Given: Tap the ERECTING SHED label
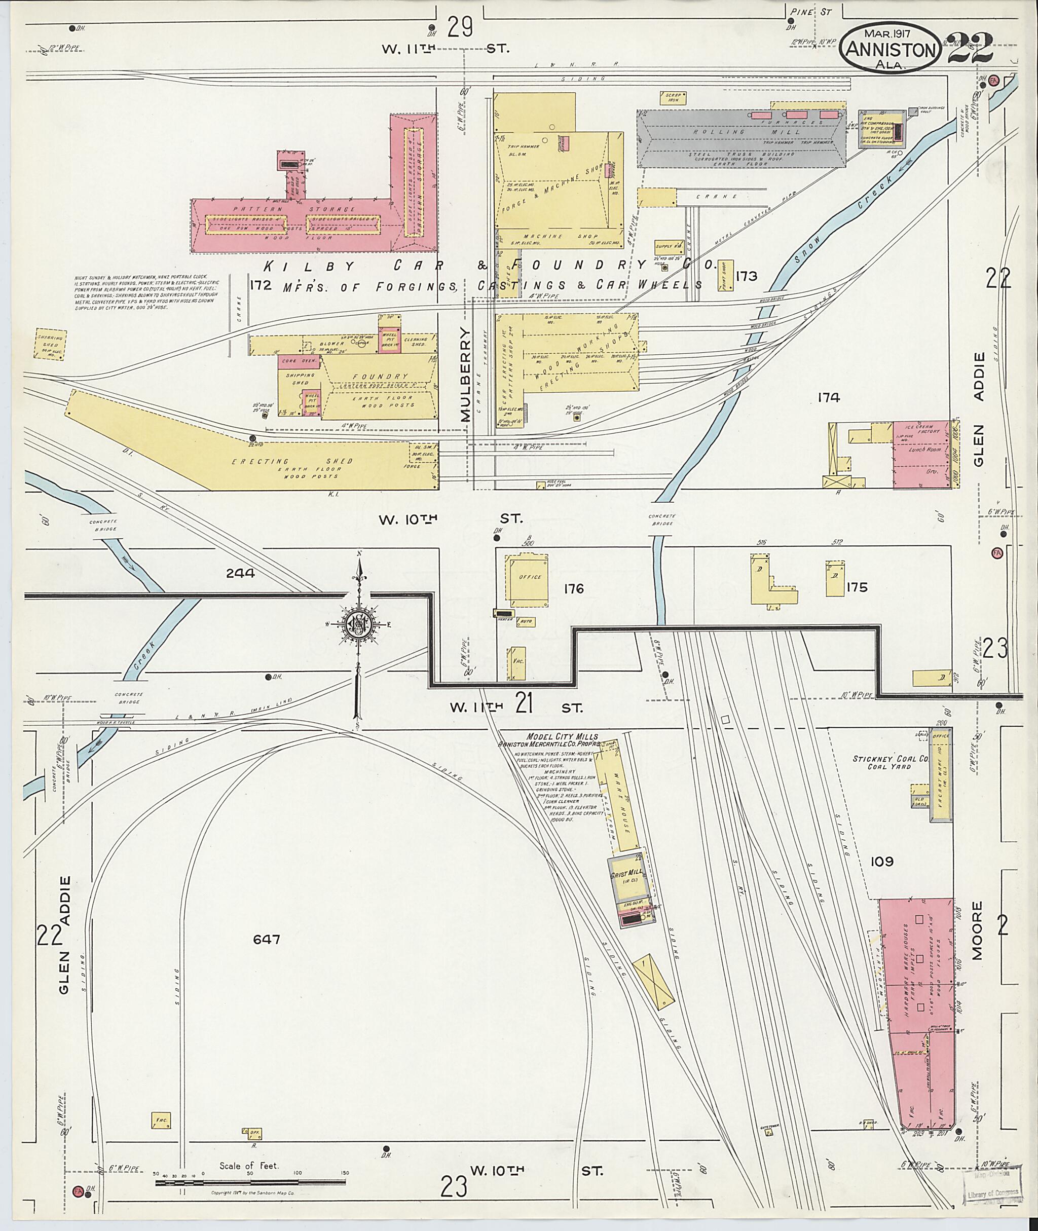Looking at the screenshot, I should [x=292, y=461].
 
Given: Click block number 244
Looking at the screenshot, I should [x=240, y=572].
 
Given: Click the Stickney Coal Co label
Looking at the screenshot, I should [x=889, y=762].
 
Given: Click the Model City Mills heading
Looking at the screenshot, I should [x=563, y=737].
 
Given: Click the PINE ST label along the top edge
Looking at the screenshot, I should [x=820, y=11].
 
